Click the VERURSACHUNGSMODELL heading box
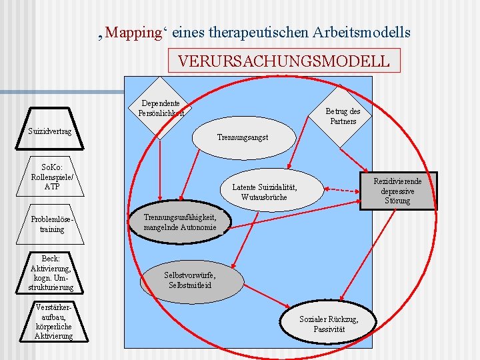[284, 61]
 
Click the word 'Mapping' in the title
[134, 32]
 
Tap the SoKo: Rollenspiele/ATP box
[51, 177]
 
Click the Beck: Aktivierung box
[51, 273]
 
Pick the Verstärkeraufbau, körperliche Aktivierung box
[53, 322]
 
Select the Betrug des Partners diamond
[343, 117]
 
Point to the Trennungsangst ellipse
[243, 137]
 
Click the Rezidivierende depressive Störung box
[397, 191]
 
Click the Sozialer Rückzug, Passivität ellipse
[328, 324]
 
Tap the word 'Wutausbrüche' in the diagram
[265, 197]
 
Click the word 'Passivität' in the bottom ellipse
[328, 329]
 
